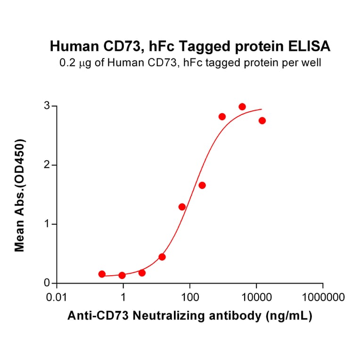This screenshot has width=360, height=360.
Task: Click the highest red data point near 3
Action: click(242, 107)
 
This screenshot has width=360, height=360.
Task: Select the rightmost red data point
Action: click(262, 121)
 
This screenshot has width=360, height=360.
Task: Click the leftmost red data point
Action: click(102, 274)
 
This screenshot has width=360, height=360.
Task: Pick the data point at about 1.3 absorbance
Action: click(182, 207)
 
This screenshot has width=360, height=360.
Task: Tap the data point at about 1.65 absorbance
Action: click(202, 185)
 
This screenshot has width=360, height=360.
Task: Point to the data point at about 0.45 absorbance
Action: click(162, 257)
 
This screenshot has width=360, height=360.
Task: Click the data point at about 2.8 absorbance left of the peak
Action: click(222, 116)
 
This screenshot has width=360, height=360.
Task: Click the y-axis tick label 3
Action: click(47, 106)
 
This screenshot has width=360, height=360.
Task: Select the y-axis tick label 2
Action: click(47, 165)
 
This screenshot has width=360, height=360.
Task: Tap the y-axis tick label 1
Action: click(47, 224)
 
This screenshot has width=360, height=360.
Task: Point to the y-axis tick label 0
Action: click(47, 283)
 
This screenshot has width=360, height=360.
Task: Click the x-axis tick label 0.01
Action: click(57, 298)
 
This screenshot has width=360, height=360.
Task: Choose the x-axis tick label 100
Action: click(189, 298)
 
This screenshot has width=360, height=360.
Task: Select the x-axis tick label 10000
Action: click(256, 298)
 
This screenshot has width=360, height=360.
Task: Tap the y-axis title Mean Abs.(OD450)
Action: click(20, 195)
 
